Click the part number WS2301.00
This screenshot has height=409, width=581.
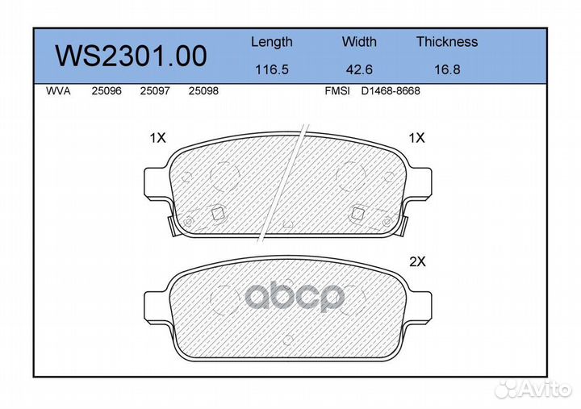coord(131,56)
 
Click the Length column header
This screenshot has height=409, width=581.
coord(272,42)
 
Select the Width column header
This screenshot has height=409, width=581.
coord(359,41)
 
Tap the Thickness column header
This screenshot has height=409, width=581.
coord(447,41)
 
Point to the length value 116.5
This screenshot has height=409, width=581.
coord(272,69)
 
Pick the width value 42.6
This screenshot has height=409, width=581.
coord(359,69)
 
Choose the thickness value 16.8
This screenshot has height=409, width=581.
coord(447,69)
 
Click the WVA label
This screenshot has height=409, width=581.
coord(58,91)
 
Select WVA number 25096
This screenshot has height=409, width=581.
coord(107,91)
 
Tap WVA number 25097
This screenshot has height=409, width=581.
coord(155,91)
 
